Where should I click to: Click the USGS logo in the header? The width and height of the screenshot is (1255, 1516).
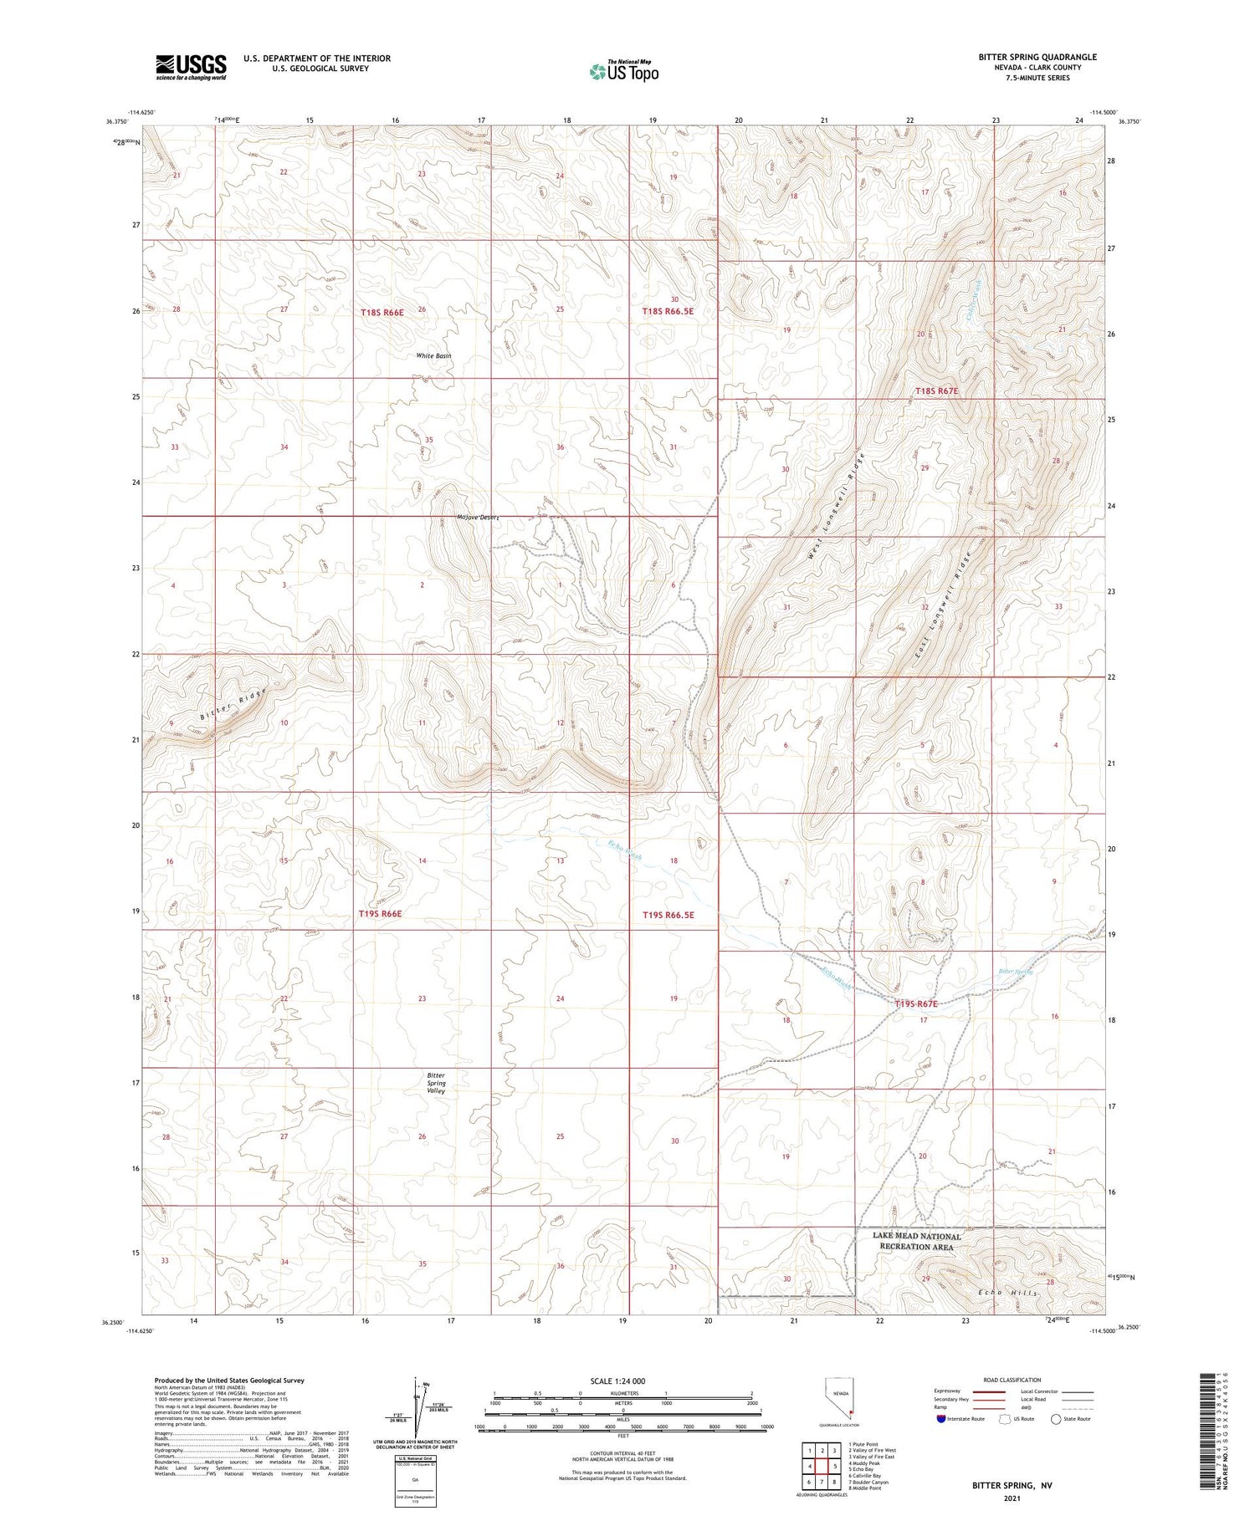[x=191, y=67]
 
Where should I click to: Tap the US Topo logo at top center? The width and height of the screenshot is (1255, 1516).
[x=623, y=71]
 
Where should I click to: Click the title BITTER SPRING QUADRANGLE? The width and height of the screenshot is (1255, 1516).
[x=1037, y=57]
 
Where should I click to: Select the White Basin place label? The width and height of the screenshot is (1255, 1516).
[x=433, y=355]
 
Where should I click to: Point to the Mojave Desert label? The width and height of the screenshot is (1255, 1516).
[x=478, y=517]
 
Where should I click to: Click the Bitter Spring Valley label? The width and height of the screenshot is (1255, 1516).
[x=436, y=1083]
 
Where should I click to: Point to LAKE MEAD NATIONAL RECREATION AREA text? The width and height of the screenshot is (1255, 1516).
[x=916, y=1241]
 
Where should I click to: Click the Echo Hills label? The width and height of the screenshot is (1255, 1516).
[x=1008, y=1293]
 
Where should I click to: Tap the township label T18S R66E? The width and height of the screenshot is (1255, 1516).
[x=382, y=312]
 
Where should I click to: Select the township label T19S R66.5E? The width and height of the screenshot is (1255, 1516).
[x=668, y=915]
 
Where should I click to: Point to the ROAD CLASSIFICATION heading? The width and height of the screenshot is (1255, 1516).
[x=1012, y=1380]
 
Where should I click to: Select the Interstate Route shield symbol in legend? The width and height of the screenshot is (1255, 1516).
[x=940, y=1418]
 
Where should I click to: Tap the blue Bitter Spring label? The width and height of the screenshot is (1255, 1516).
[x=1016, y=972]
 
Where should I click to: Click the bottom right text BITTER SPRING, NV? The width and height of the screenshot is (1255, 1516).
[x=1012, y=1485]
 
